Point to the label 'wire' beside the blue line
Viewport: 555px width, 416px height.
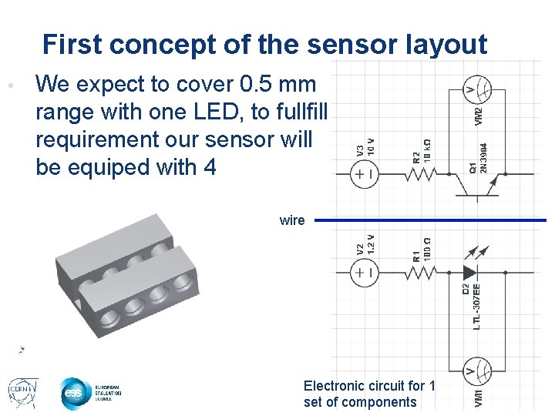(292, 220)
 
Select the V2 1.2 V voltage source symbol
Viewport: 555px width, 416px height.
(363, 272)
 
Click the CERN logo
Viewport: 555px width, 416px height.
(22, 392)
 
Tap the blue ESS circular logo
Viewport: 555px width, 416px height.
(75, 394)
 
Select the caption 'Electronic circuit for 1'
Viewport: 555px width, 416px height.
(369, 386)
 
